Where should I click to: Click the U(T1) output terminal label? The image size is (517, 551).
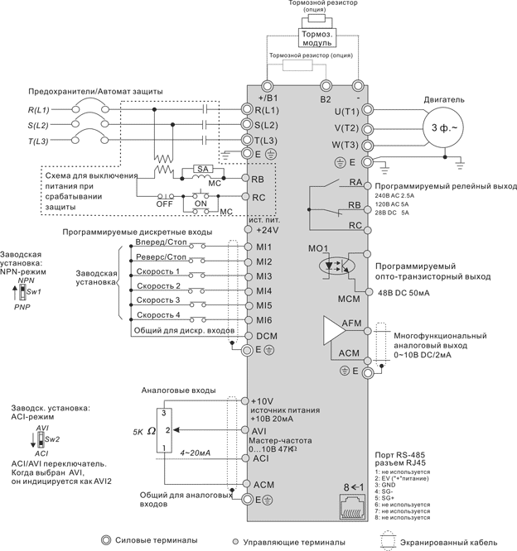click(346, 111)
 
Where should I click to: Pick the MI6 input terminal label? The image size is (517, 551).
click(264, 320)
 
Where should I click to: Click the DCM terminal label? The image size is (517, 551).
click(266, 336)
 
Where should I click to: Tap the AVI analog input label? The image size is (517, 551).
click(258, 431)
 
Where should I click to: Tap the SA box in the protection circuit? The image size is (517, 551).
click(202, 168)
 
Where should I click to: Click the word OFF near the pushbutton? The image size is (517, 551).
click(164, 203)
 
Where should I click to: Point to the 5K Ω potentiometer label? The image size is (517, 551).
click(144, 431)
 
